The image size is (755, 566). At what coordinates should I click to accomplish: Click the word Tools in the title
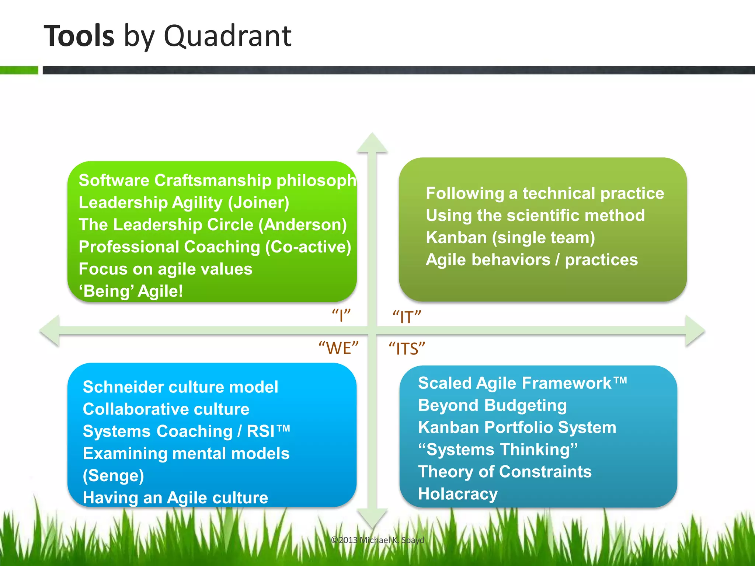point(79,36)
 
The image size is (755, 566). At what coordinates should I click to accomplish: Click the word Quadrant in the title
point(227,36)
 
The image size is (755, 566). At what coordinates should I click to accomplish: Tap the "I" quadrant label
point(341,316)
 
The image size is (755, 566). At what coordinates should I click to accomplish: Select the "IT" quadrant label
point(407,317)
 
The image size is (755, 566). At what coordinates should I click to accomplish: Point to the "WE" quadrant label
point(338,348)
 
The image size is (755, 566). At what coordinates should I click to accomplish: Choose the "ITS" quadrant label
point(407,349)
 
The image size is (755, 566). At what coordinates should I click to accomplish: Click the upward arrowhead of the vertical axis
point(372,143)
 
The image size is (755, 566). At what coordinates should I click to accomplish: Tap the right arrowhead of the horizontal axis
point(695,331)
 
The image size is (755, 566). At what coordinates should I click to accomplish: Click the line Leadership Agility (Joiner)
point(184,203)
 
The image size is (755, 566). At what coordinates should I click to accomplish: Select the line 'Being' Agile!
point(131,291)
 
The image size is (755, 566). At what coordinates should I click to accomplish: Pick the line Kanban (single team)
point(510,238)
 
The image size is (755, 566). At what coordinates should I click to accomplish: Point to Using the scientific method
point(535,216)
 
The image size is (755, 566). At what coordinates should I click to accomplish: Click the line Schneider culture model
point(180,387)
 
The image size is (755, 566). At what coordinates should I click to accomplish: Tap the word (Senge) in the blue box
point(113,476)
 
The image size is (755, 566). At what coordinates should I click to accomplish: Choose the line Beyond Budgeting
point(492,405)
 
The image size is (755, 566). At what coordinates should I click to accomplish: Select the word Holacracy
point(458,494)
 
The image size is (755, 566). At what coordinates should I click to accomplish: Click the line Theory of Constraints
point(505,472)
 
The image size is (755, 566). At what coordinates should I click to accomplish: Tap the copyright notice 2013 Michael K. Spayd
point(377,540)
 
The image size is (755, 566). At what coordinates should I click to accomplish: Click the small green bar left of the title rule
point(19,70)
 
